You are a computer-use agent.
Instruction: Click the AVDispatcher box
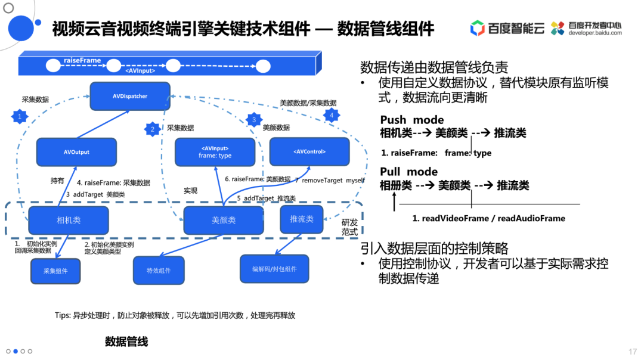(130, 96)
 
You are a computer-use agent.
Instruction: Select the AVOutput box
(76, 152)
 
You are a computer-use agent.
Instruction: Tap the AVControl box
(309, 151)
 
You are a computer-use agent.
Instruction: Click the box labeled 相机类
(69, 220)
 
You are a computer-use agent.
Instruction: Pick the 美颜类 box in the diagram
(224, 220)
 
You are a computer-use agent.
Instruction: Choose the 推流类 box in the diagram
(301, 219)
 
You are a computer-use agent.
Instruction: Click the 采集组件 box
(55, 271)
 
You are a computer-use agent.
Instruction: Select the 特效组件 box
(159, 271)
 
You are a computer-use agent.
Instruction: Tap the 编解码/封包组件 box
(274, 269)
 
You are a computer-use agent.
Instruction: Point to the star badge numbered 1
(20, 117)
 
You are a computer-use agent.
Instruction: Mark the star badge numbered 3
(254, 120)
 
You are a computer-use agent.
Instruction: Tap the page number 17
(633, 352)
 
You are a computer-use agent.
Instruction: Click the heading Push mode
(411, 120)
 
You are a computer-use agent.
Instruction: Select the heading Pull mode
(408, 172)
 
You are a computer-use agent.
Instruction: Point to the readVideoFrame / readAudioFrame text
(488, 218)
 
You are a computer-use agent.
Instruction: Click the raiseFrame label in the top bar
(82, 60)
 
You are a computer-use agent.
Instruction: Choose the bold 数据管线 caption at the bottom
(126, 342)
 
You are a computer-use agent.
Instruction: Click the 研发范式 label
(349, 227)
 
